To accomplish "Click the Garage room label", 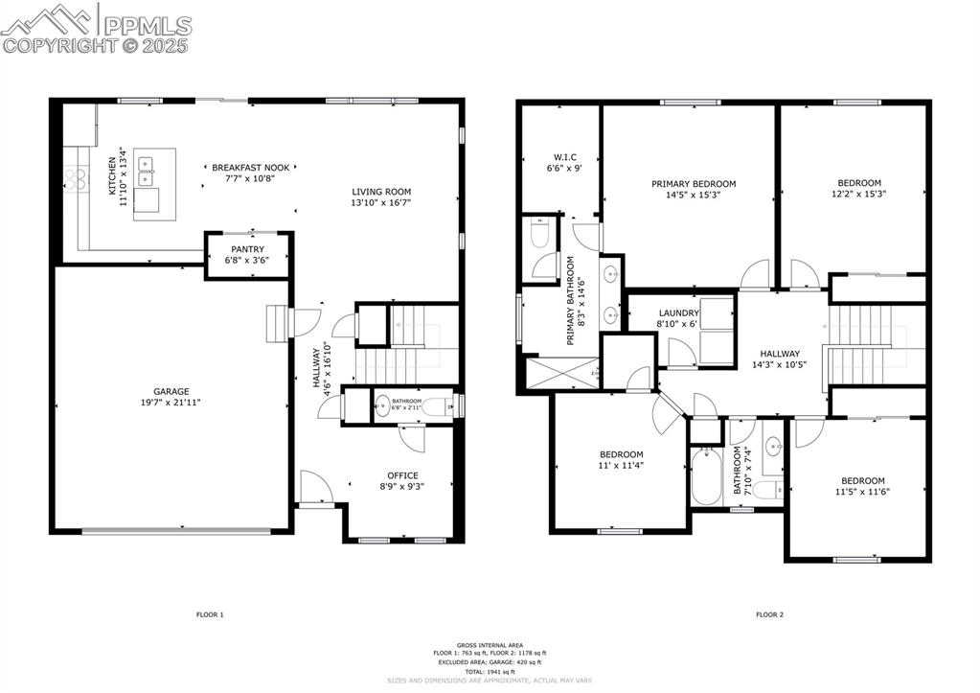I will coord(171,391).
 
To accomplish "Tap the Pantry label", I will coord(247,249).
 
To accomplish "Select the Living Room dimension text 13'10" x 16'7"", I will coord(380,203).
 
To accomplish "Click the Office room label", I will coord(402,475).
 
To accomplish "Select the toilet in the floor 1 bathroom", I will coord(440,406).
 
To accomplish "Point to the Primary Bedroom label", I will coord(694,184).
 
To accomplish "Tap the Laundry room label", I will coord(677,313).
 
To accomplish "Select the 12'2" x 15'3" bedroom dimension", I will coord(859,195).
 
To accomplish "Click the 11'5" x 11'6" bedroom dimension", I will coord(862,492).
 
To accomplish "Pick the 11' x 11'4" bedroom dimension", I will coord(622,466).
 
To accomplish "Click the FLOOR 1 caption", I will coord(209,614).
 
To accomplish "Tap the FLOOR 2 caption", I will coord(769,614).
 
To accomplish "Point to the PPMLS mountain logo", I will coord(52,17).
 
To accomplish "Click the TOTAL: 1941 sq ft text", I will coord(490,671).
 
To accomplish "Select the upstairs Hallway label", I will coord(780,354).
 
